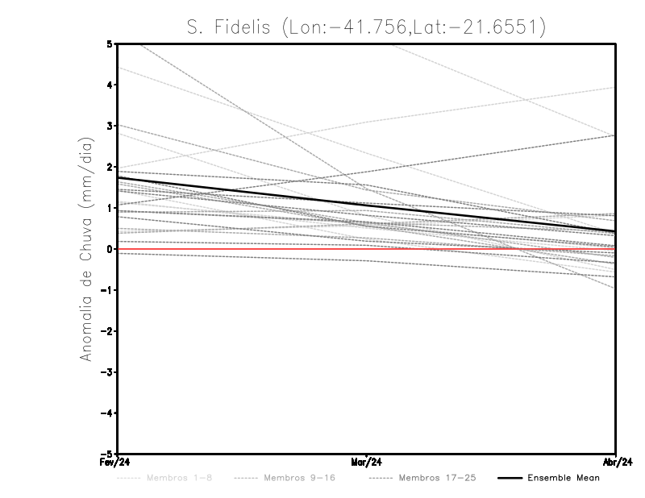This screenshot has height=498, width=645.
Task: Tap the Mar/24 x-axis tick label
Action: click(367, 463)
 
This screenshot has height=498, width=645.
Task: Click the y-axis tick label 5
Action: click(109, 44)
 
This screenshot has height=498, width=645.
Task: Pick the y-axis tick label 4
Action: click(109, 85)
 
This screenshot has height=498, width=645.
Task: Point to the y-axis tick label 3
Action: click(109, 126)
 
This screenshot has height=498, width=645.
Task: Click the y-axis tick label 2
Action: click(109, 167)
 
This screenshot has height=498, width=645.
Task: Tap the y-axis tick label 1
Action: click(109, 208)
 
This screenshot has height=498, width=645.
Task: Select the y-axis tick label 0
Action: click(109, 249)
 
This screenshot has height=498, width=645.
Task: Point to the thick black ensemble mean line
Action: click(367, 205)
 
